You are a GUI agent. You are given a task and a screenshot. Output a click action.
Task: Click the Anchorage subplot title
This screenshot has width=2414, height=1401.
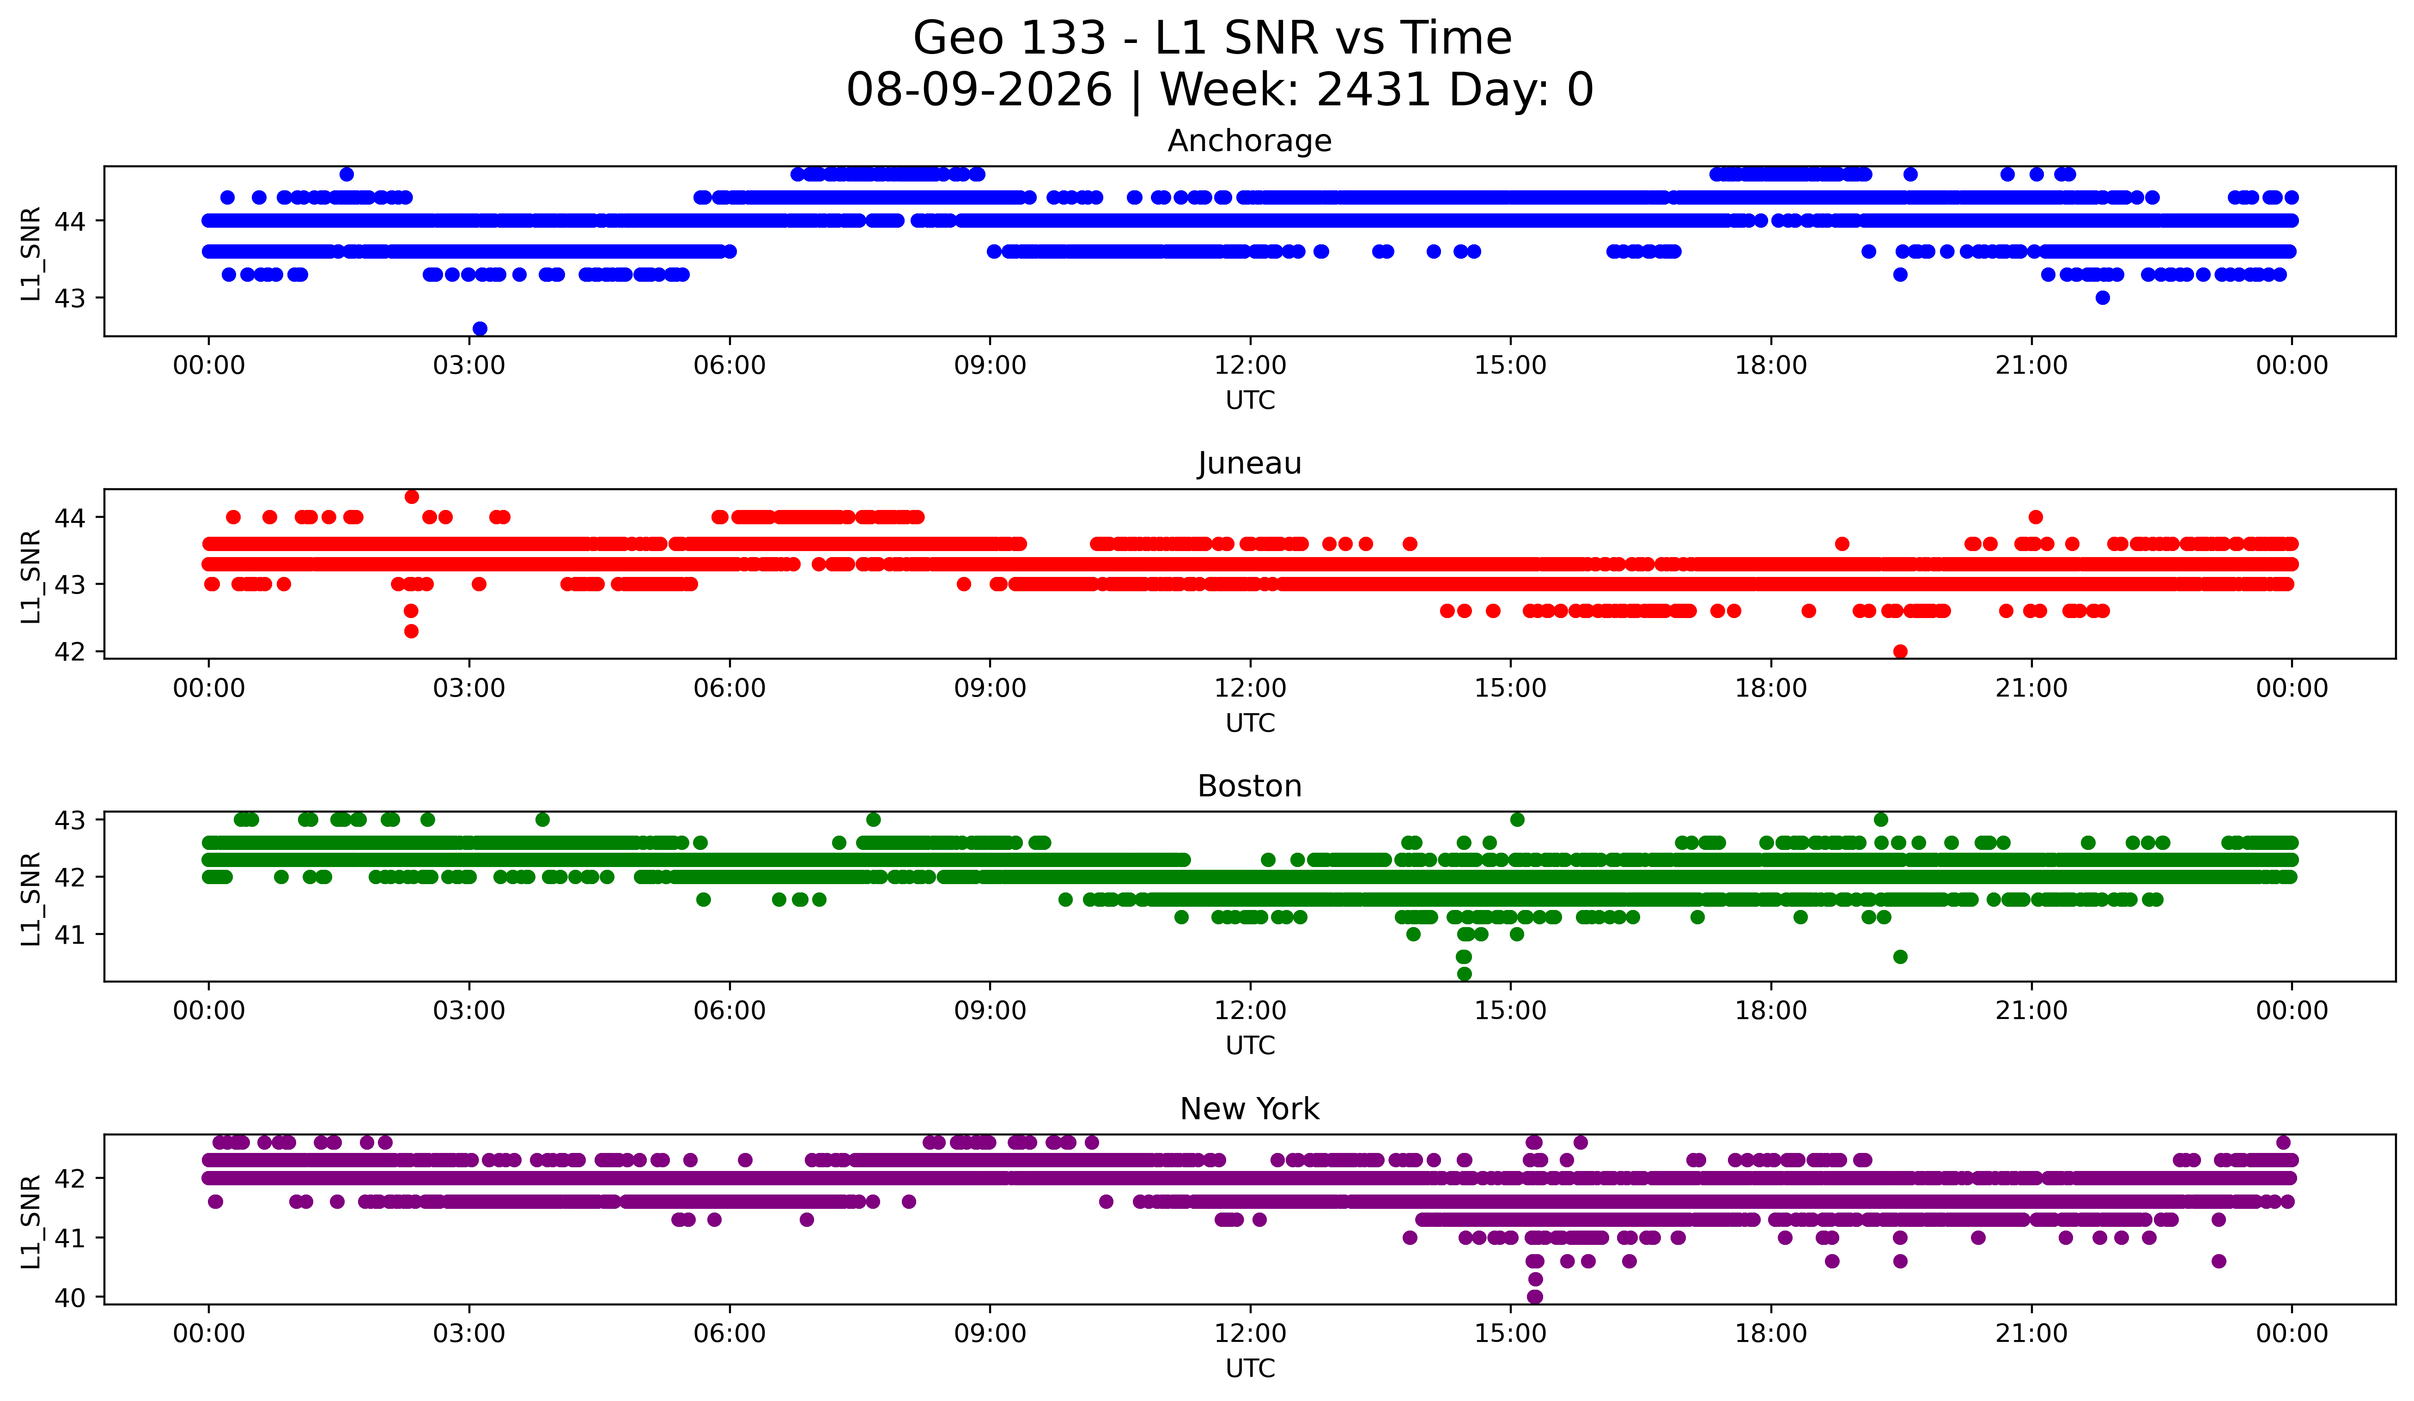point(1249,141)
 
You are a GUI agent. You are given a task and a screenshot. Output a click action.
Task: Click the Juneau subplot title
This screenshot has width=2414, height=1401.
point(1249,463)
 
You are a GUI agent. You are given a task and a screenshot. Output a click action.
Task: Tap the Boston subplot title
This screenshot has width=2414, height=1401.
point(1249,786)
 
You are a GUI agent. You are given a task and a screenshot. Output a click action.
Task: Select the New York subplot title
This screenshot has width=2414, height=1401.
point(1249,1109)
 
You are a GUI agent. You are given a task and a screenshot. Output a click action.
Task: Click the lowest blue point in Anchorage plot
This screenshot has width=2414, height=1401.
point(480,328)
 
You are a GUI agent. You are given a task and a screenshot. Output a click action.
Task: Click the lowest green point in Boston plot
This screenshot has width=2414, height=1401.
point(1464,974)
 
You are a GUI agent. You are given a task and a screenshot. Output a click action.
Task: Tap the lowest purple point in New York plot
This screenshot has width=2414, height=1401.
point(1535,1297)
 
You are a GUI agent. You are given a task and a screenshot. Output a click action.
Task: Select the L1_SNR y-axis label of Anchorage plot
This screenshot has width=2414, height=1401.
point(30,254)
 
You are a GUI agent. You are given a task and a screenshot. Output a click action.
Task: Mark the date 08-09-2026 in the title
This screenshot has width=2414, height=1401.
point(979,90)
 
